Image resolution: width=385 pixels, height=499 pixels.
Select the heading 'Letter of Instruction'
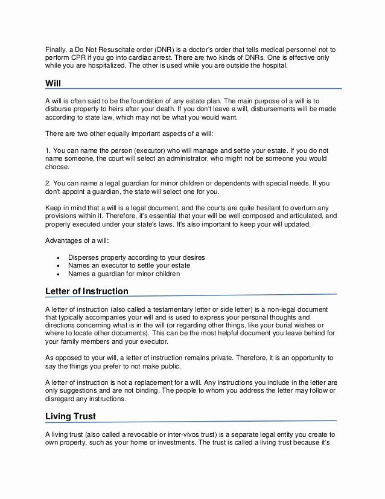tap(87, 291)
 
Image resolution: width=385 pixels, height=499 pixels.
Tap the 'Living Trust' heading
tap(71, 417)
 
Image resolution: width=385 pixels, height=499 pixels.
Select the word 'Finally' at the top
tap(56, 49)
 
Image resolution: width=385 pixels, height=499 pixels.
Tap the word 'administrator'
tap(194, 158)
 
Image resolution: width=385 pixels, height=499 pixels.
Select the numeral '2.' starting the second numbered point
tap(48, 183)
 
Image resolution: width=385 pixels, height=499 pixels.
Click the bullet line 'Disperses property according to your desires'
tap(136, 257)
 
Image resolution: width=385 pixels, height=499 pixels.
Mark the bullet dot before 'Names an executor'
tap(57, 266)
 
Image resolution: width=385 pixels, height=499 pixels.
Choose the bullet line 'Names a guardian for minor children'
tap(124, 274)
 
